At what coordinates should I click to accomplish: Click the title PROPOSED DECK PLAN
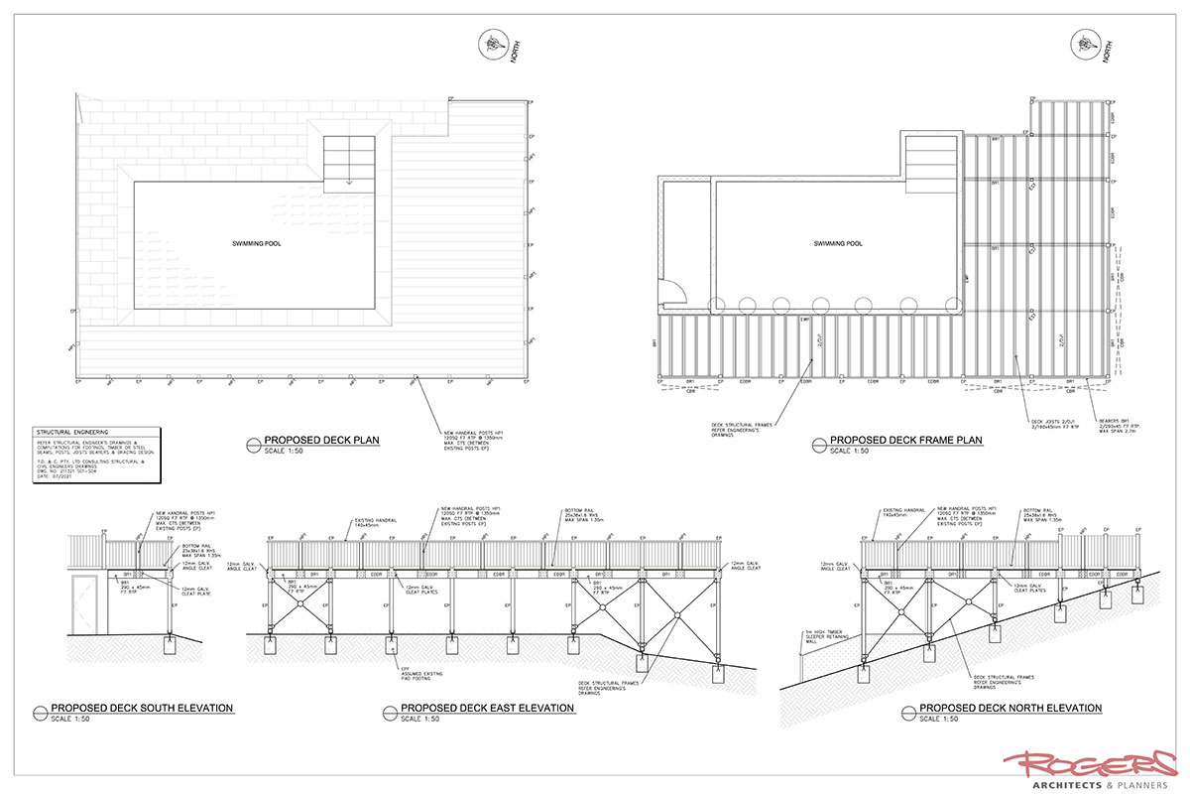point(321,440)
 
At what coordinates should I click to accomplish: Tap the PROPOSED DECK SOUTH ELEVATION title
point(142,709)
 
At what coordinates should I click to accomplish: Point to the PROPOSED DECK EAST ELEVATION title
point(487,709)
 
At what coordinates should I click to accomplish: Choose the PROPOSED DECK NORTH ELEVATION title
point(1011,709)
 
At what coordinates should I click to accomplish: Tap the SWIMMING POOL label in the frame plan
point(838,243)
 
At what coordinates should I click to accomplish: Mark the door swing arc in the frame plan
point(675,290)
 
